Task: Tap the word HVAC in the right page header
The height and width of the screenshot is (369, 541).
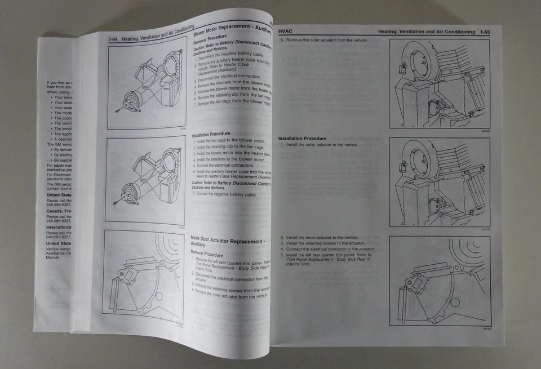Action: coord(287,32)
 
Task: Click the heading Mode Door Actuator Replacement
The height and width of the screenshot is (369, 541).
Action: coord(227,241)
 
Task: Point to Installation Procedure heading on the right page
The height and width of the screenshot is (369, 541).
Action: coord(302,138)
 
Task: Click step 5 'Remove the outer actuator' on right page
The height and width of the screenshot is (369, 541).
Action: coord(326,41)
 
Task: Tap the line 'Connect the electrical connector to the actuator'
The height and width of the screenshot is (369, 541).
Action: coord(330,249)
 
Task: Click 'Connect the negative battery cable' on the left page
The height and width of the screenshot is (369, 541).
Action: coord(225,194)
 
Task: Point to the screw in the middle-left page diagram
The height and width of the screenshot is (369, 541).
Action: coord(117,202)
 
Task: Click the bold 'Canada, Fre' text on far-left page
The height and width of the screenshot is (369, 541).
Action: coord(59,211)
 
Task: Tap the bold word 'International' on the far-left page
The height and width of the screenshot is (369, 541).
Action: coord(59,227)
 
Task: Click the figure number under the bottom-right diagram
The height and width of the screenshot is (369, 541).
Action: coord(485,328)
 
